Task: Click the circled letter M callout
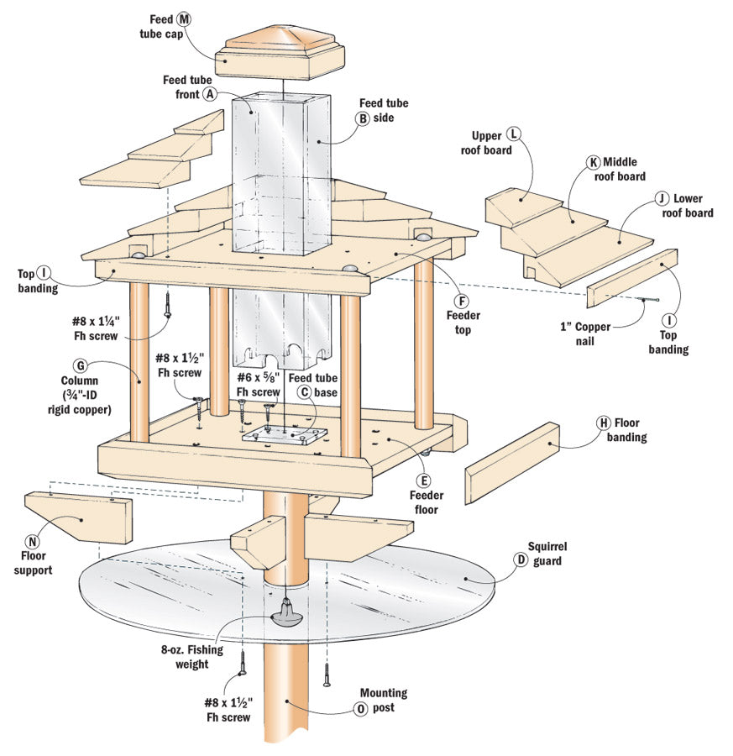[x=183, y=18]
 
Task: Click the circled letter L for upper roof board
[x=514, y=134]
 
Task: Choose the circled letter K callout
[x=594, y=161]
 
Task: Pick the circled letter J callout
[x=662, y=198]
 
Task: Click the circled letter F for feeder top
[x=460, y=300]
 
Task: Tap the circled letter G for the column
[x=81, y=366]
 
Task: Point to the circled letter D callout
[x=521, y=559]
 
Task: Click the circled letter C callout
[x=305, y=391]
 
